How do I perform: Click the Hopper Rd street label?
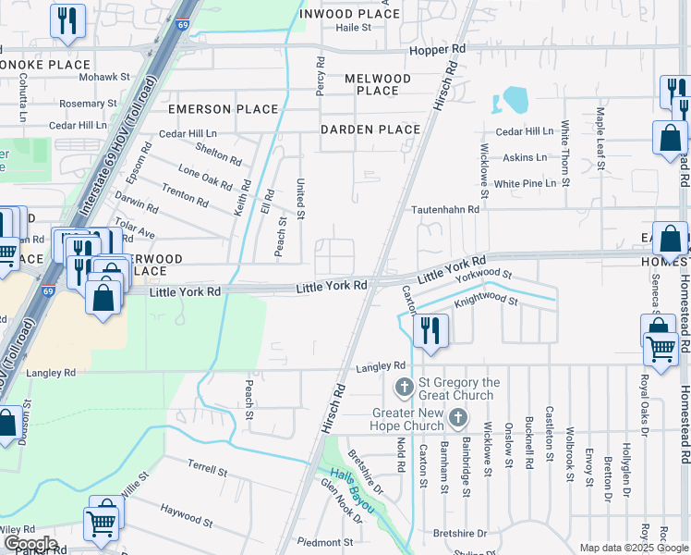438,48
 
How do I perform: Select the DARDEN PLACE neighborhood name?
370,129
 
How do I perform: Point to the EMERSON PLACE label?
223,109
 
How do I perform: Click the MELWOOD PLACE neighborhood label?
377,84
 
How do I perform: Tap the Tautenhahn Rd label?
446,210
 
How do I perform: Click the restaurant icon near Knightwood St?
430,332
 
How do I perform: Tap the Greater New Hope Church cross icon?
456,419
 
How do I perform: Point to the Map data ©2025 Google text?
633,548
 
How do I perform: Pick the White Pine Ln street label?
525,184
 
